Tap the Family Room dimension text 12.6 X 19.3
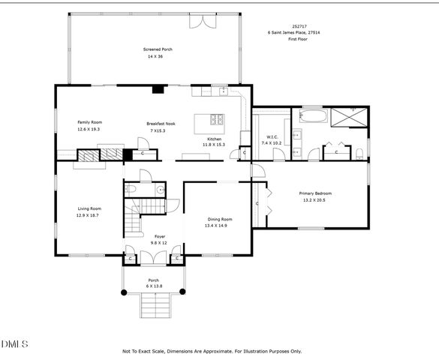click(x=89, y=129)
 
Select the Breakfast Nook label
click(x=161, y=124)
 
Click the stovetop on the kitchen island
click(x=218, y=118)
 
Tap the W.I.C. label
click(x=272, y=136)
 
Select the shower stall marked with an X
click(x=351, y=117)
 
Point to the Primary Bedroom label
click(x=316, y=193)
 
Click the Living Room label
click(x=89, y=208)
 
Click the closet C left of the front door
click(x=131, y=259)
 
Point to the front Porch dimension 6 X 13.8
click(x=154, y=286)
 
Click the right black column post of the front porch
click(x=182, y=290)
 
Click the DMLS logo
click(x=14, y=343)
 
